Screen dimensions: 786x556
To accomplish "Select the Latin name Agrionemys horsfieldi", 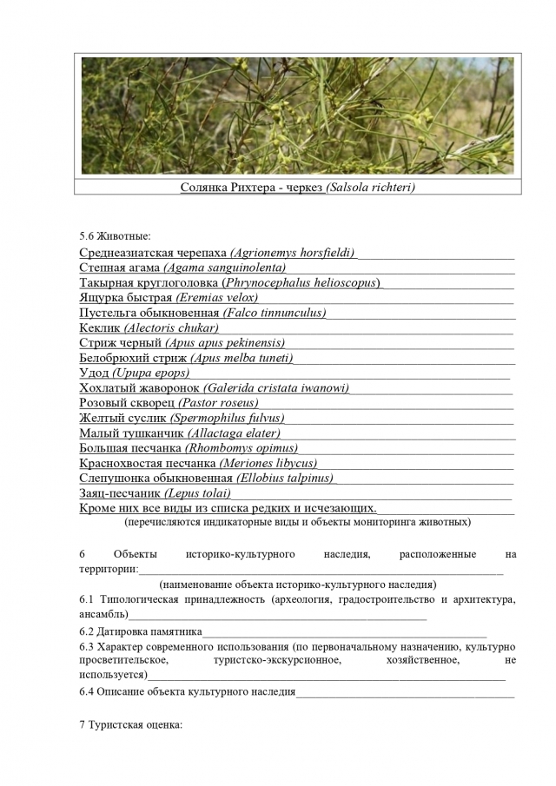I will tap(294, 253).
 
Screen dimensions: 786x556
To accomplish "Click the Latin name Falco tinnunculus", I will tap(275, 313).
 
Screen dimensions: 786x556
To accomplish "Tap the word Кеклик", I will tap(100, 328).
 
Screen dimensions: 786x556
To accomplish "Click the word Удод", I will tap(94, 373).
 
